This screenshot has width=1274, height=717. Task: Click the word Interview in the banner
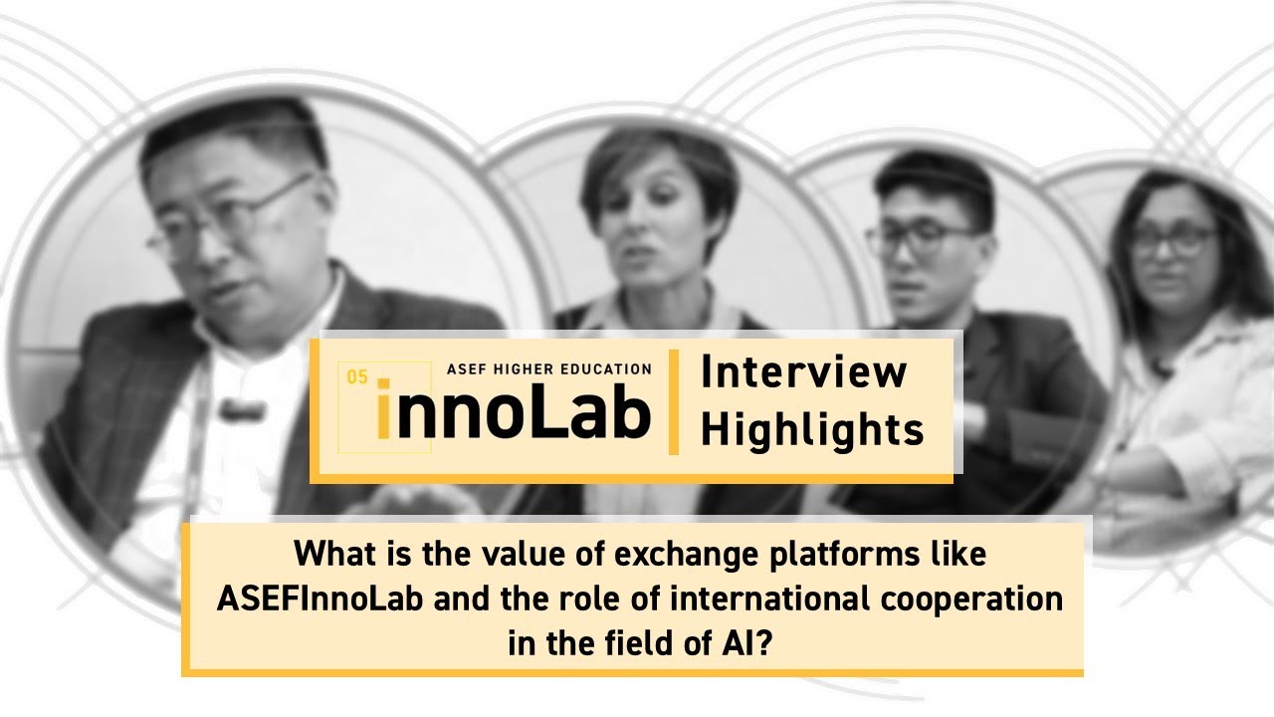point(803,372)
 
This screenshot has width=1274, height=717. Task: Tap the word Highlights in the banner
point(812,430)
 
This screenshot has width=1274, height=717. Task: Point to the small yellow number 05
point(357,376)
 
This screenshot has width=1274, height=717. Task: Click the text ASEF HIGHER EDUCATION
point(548,368)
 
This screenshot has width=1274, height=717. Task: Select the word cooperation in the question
point(976,599)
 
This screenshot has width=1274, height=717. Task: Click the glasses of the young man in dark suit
point(920,239)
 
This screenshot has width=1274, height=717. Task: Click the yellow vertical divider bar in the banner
point(674,402)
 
